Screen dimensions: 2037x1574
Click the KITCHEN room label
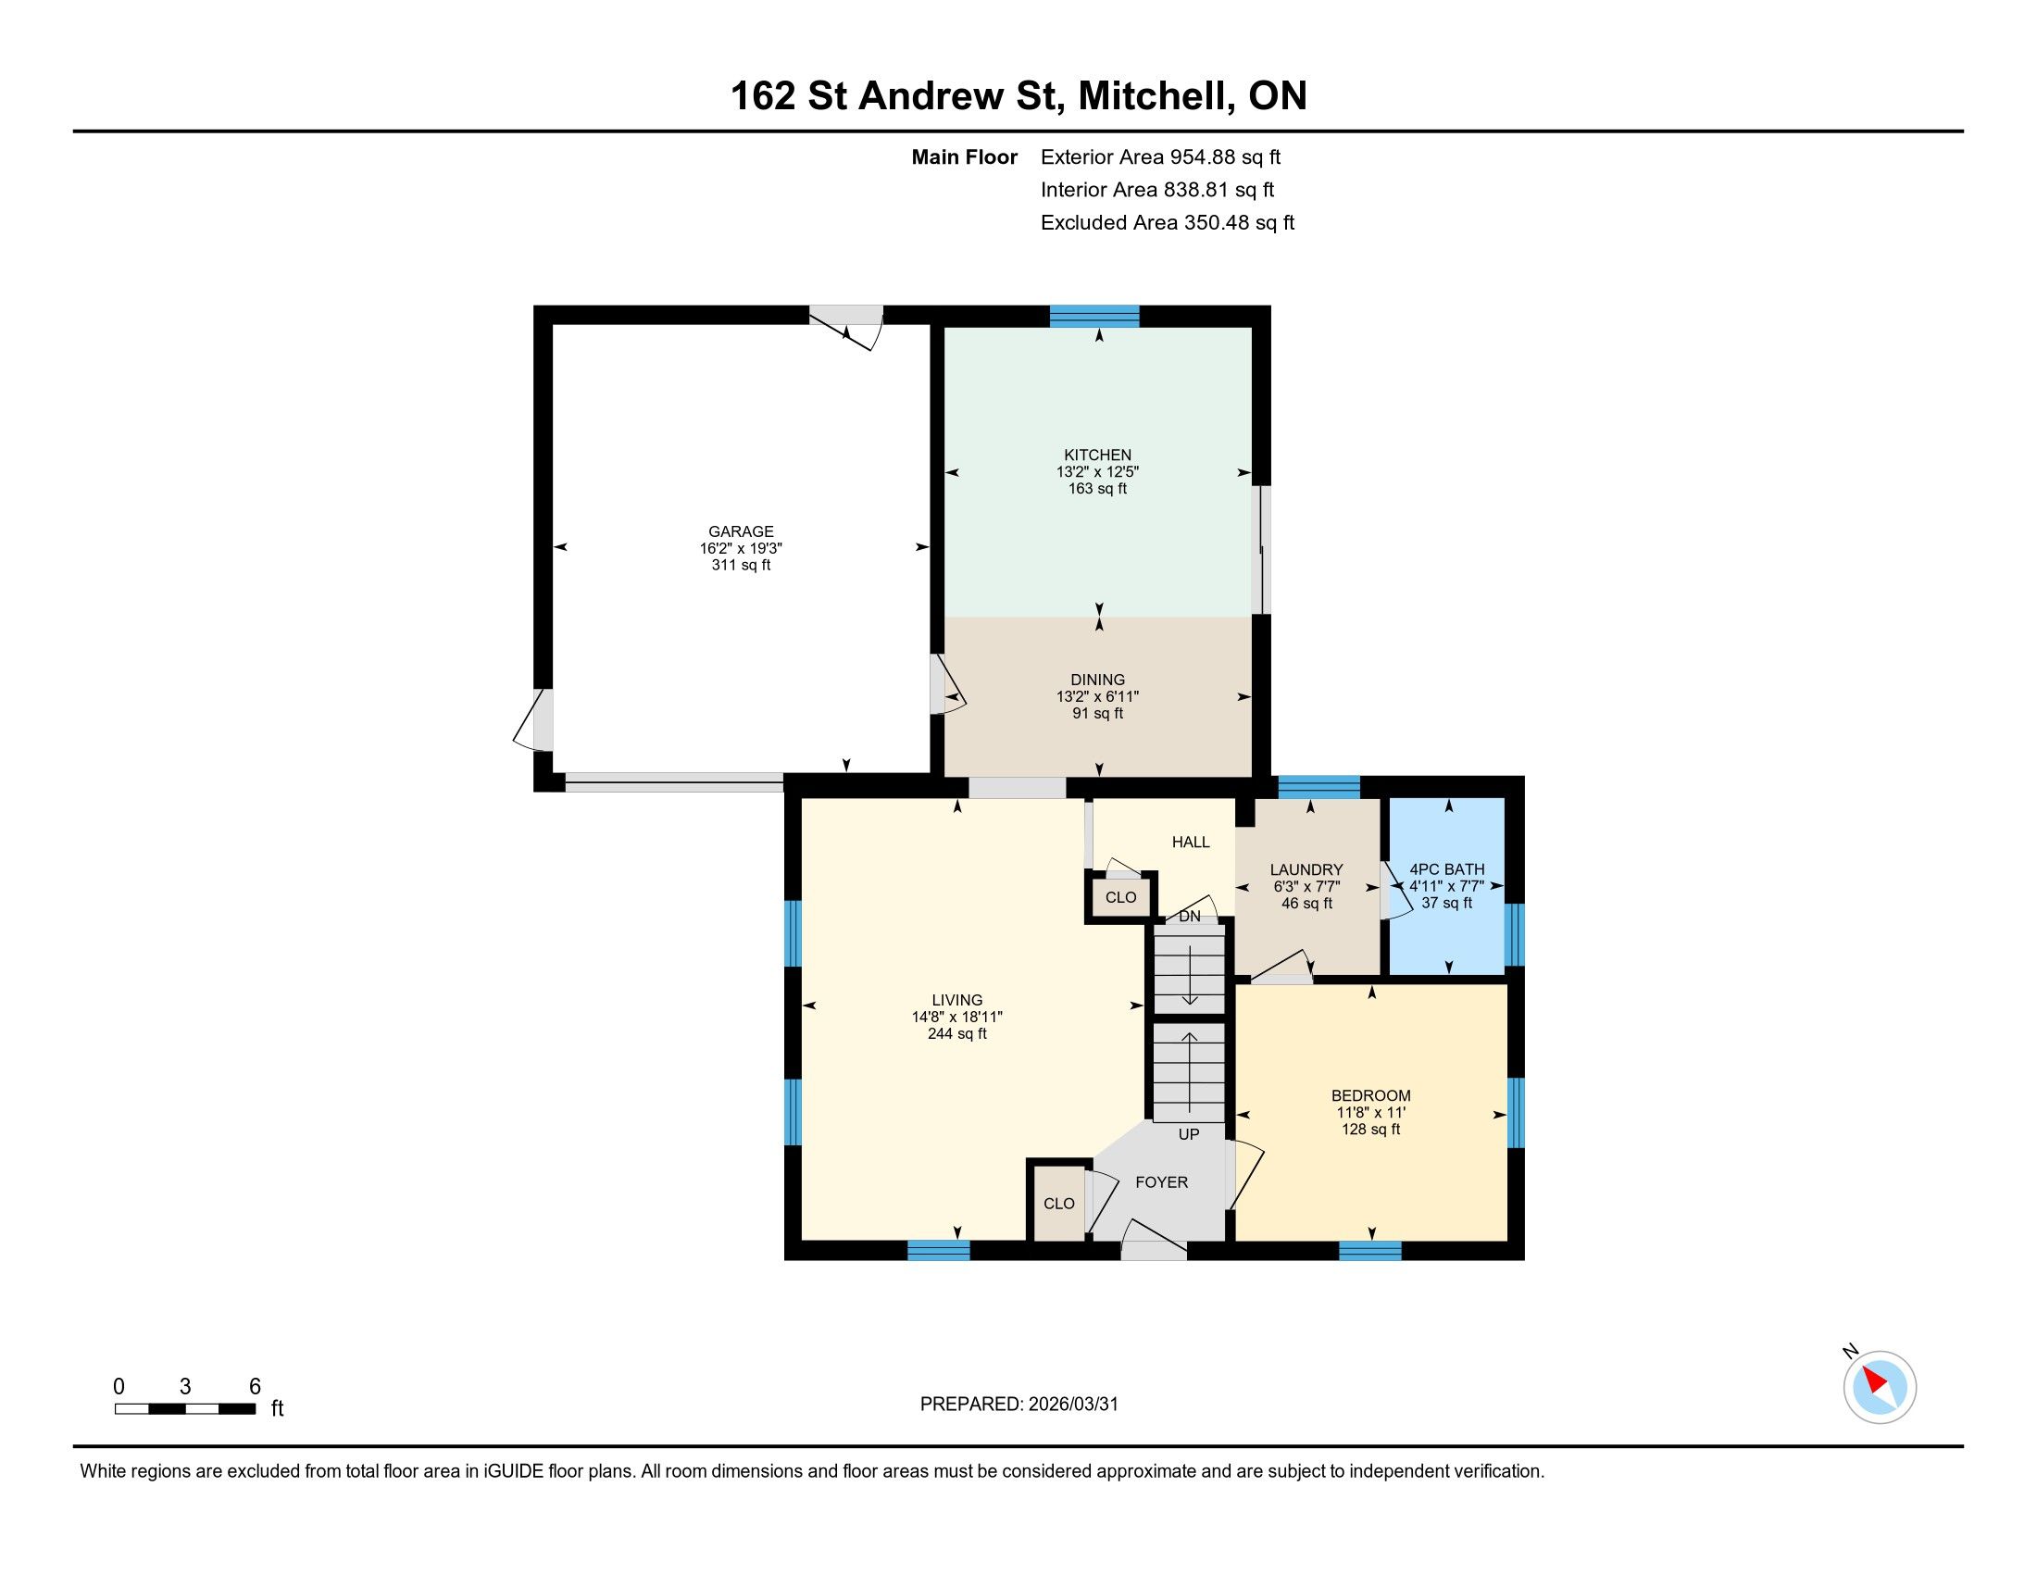click(1098, 455)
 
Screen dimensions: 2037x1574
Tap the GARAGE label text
click(741, 531)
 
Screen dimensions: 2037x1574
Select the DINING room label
click(1098, 680)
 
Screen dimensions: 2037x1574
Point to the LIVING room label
click(957, 1000)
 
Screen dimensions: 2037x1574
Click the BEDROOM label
click(1370, 1095)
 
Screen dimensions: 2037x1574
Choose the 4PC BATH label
click(1446, 869)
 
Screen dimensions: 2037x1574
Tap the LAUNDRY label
click(1306, 869)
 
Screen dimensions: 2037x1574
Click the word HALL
click(1191, 842)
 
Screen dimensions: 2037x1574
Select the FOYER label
click(1161, 1182)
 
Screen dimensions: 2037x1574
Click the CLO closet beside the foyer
click(1058, 1204)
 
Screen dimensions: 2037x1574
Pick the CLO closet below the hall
click(1120, 897)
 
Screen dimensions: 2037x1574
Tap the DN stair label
click(1189, 917)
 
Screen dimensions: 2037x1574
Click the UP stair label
click(1188, 1134)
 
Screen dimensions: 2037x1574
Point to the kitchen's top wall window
click(1095, 317)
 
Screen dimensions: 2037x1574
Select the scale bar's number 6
click(255, 1387)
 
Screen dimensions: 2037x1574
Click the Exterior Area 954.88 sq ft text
click(1161, 156)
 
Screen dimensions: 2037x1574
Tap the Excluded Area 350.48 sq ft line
click(1168, 222)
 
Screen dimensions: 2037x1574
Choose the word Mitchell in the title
click(1152, 96)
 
